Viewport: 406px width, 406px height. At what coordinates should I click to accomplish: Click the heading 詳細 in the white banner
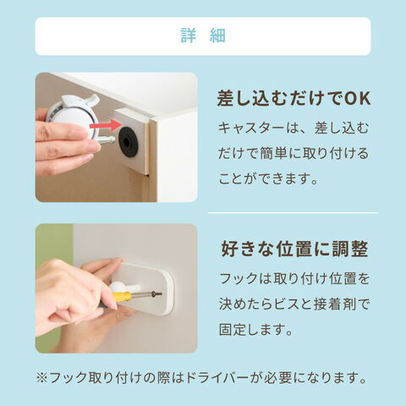pos(203,36)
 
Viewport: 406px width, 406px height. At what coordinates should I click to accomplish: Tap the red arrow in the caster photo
pos(106,125)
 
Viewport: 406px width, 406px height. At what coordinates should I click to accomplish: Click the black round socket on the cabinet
pos(129,142)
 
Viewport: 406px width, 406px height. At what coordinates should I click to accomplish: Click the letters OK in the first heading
pos(357,99)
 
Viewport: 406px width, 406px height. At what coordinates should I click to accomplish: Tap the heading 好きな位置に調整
pos(294,250)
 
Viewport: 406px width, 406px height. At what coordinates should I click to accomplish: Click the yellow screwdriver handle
pos(122,296)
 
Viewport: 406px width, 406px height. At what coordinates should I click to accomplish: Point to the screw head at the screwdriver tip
pos(157,294)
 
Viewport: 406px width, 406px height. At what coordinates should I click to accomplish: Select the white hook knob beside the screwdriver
pos(124,288)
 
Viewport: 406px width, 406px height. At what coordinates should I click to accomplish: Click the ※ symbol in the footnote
pos(42,378)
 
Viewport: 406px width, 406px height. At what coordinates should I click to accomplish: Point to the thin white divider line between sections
pos(294,213)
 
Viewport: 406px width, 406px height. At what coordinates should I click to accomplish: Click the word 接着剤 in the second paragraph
pos(335,304)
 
